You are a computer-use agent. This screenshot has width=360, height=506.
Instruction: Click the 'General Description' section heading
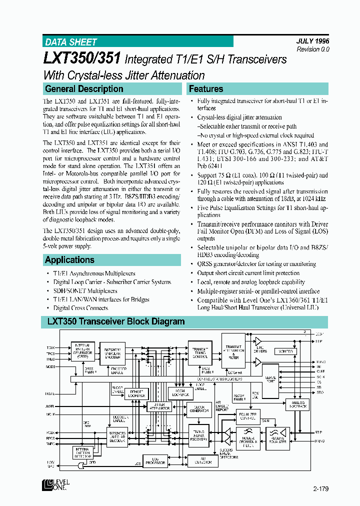pos(84,89)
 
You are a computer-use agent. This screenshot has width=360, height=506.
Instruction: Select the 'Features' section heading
pos(206,89)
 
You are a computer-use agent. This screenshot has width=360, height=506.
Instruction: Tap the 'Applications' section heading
pos(69,260)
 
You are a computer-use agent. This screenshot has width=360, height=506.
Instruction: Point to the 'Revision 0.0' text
pos(313,49)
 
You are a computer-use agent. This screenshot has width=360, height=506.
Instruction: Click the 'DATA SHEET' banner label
pos(71,42)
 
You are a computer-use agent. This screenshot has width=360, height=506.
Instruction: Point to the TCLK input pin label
pos(51,346)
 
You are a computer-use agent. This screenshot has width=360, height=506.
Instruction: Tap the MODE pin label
pos(50,367)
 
